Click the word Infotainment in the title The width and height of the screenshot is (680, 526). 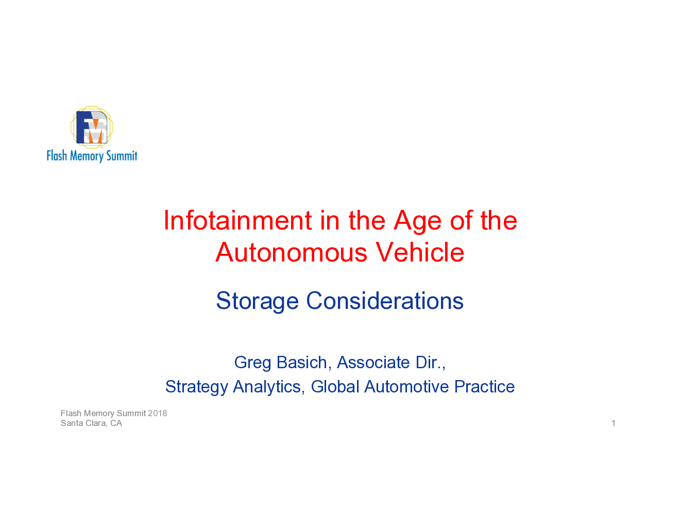click(x=238, y=220)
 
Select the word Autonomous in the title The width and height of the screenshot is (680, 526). click(x=291, y=252)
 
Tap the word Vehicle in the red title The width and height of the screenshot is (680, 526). click(x=420, y=252)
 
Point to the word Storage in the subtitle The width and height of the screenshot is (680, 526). click(x=257, y=301)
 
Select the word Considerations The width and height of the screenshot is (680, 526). click(x=385, y=301)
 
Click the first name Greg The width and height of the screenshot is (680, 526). click(x=252, y=363)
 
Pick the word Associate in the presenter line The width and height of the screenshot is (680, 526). click(x=373, y=363)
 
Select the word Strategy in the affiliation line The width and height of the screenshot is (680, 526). click(x=196, y=387)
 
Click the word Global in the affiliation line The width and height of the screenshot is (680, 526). click(x=335, y=387)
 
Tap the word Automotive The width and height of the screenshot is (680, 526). click(x=406, y=387)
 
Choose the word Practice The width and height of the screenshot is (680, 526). click(x=484, y=387)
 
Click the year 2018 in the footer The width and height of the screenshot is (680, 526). click(x=158, y=413)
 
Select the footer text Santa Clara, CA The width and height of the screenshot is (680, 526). click(x=91, y=423)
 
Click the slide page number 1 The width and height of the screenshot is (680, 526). click(x=614, y=423)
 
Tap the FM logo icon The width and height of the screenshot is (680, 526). click(x=92, y=127)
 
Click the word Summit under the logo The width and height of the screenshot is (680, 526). click(x=122, y=156)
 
